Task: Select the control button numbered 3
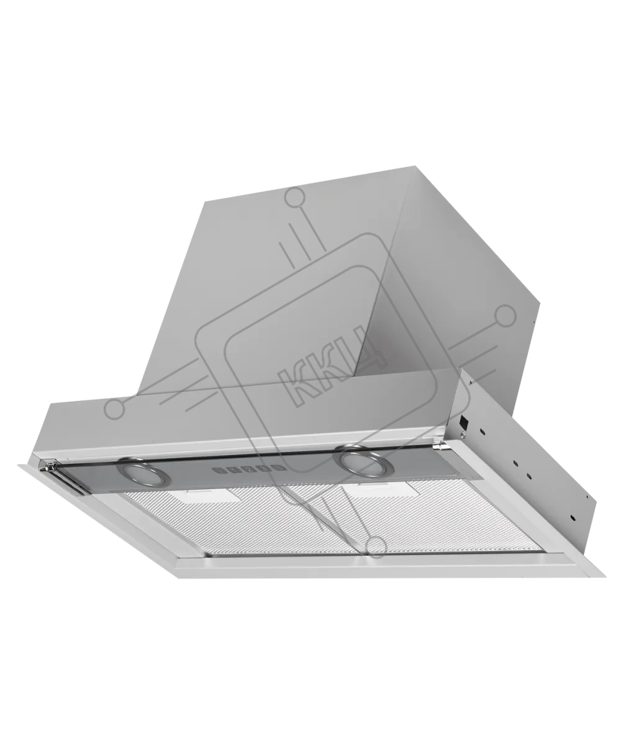265,468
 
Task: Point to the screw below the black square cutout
463,435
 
